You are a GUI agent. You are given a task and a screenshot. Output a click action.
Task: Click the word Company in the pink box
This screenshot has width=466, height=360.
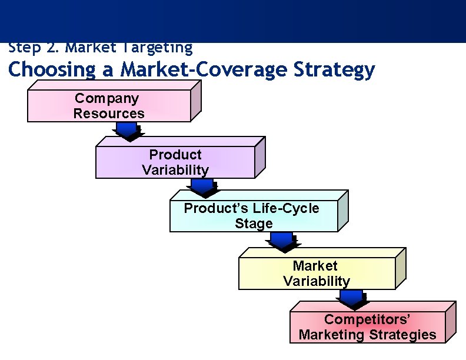(106, 98)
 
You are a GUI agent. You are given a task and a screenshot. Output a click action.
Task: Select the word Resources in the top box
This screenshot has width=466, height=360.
(109, 114)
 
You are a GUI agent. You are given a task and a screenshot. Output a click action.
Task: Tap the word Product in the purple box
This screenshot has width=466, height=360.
(175, 155)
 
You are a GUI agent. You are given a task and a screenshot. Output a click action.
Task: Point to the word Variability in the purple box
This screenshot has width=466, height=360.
(175, 170)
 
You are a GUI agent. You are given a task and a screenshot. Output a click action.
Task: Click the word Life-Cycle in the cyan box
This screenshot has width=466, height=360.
(286, 208)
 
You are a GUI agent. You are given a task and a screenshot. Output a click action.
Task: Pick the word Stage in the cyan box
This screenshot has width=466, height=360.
(254, 224)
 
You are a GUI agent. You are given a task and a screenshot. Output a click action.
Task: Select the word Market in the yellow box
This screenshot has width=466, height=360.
(315, 266)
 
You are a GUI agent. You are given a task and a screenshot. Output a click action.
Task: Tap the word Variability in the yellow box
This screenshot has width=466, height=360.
(317, 281)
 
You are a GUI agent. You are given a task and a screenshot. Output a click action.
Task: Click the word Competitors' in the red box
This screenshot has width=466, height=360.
(367, 319)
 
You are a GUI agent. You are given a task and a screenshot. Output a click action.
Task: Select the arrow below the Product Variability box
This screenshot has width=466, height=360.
(202, 188)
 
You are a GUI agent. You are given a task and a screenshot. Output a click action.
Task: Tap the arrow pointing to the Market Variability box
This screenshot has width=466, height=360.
(282, 240)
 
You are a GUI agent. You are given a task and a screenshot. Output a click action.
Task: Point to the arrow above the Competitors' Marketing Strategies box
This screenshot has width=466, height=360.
(351, 300)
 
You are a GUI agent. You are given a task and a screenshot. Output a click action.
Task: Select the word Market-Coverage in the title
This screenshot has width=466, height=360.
(202, 70)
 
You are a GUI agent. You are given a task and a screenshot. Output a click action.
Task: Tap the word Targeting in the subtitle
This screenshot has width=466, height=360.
(159, 47)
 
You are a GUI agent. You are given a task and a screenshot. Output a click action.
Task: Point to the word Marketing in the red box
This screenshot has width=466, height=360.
(332, 335)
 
